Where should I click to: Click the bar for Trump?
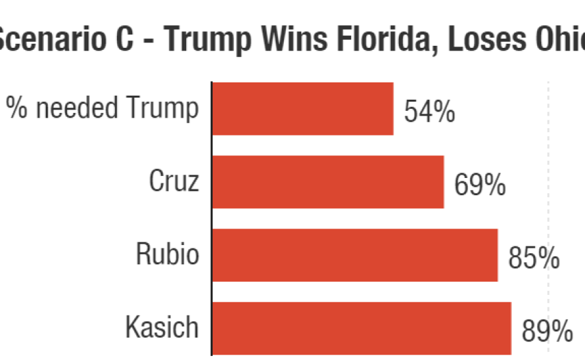[302, 109]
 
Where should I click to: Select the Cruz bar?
[328, 182]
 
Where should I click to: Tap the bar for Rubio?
[354, 255]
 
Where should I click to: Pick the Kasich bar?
[361, 328]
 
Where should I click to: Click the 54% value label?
[429, 112]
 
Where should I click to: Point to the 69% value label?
[480, 185]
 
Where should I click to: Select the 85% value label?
[533, 258]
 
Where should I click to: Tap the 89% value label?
[546, 331]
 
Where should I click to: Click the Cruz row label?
[174, 181]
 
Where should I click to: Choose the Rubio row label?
[168, 254]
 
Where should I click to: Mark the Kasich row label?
[162, 327]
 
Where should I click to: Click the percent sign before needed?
[21, 108]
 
